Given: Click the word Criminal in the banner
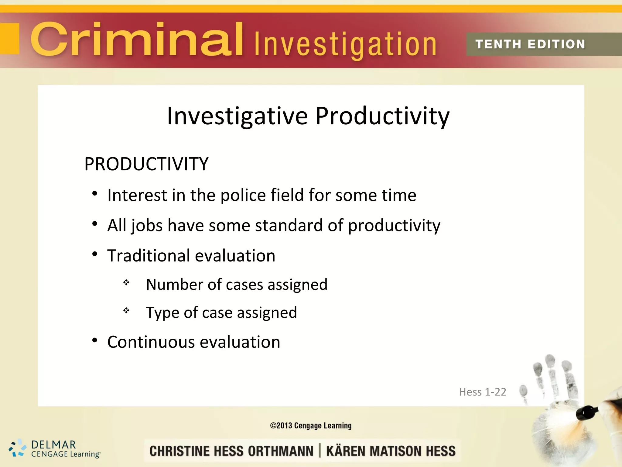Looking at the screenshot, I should coord(137,40).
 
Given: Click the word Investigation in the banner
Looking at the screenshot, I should coord(345,45).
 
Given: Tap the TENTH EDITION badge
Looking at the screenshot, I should coord(530,44).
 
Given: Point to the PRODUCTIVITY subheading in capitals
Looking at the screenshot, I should coord(146,164).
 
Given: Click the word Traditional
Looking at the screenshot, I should coord(149,255).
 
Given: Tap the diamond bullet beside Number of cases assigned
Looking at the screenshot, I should coord(126,283).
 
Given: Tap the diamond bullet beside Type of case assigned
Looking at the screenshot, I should coord(126,310).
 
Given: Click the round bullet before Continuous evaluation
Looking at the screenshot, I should coord(95,340).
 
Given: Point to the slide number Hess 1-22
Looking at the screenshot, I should coord(482,392).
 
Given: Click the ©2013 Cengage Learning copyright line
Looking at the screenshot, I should coord(311,426).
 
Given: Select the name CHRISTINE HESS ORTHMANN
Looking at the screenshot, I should coord(231,451).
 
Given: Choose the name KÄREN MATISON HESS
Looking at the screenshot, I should coord(391,451).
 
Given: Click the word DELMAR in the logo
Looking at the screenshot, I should coord(53,445).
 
